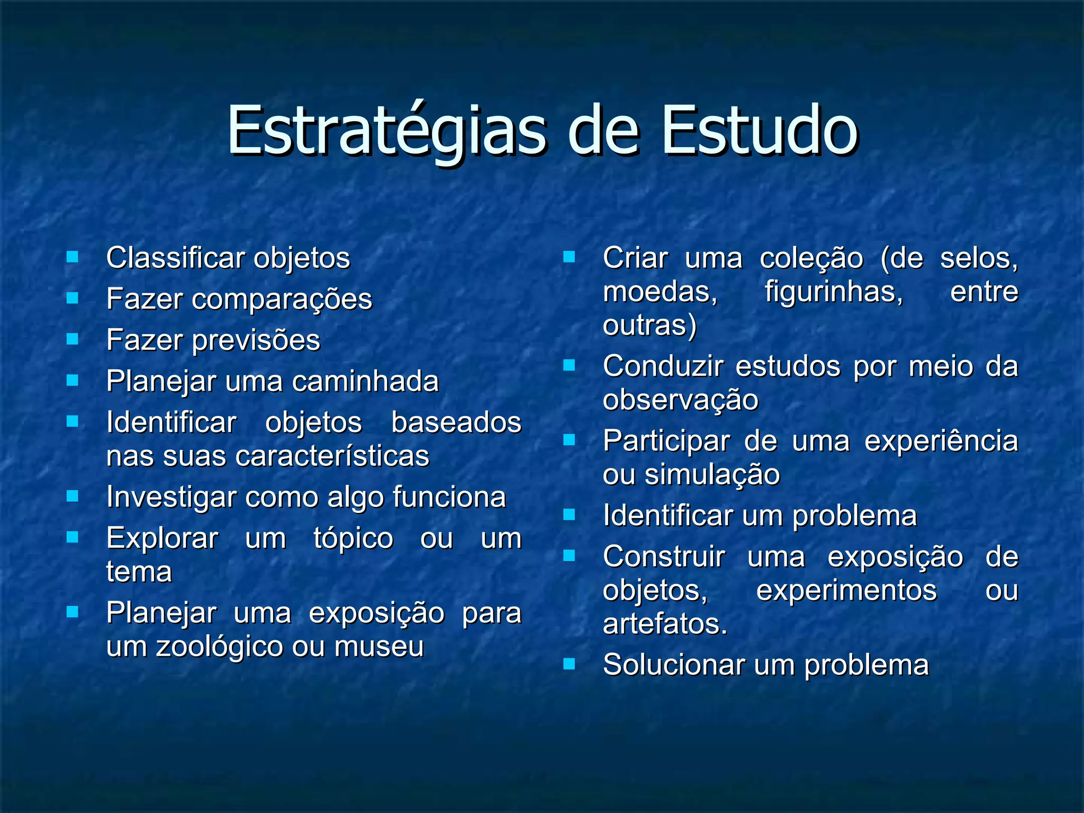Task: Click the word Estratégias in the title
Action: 386,131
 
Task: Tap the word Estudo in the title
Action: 759,131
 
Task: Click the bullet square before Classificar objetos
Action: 73,257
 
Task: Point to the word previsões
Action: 256,340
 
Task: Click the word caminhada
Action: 365,381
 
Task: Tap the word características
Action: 332,456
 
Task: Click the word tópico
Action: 353,539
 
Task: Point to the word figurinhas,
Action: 834,292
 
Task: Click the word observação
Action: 680,400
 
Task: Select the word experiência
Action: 941,441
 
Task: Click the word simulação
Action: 712,475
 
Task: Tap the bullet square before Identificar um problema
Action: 569,514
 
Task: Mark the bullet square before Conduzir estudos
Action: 569,365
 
